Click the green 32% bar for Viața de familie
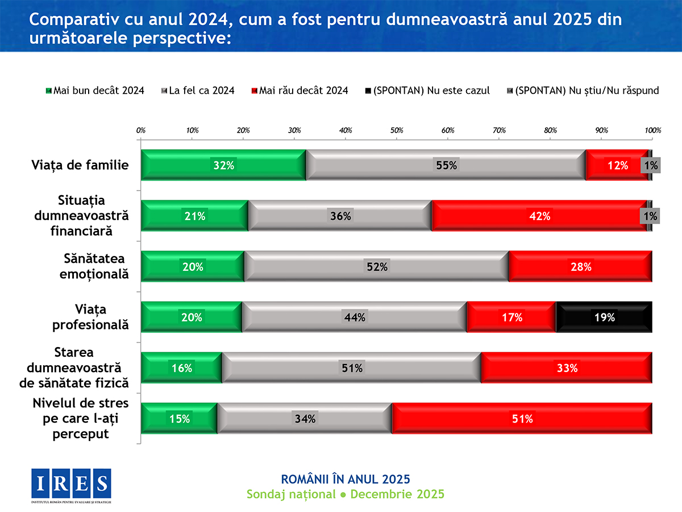(x=223, y=166)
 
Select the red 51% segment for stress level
(x=522, y=419)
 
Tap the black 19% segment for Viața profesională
(x=604, y=317)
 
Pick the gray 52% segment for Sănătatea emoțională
(x=376, y=267)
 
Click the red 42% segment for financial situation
(x=539, y=216)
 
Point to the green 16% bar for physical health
(x=181, y=368)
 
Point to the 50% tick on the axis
(x=397, y=130)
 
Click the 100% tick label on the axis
(x=652, y=130)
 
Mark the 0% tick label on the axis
(x=142, y=130)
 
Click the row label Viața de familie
(x=80, y=166)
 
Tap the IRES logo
(x=71, y=483)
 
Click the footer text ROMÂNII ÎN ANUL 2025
(x=346, y=478)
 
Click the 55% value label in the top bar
(x=446, y=166)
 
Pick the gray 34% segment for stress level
(x=305, y=419)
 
